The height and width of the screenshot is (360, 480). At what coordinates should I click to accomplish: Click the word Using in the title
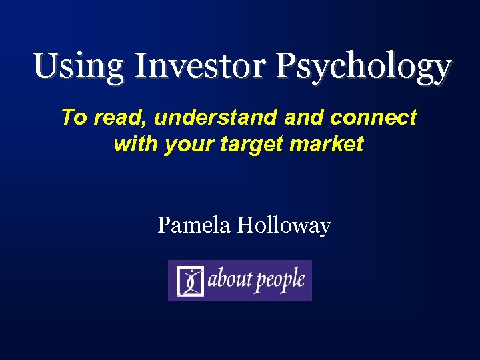[x=78, y=66]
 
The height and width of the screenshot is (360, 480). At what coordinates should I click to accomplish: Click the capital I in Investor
[x=141, y=66]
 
